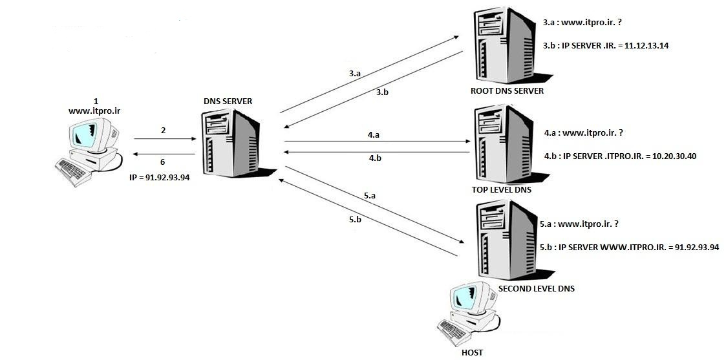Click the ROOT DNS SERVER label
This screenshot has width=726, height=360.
(507, 90)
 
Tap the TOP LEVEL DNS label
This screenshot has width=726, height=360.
(502, 190)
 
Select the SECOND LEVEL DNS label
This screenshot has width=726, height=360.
(536, 288)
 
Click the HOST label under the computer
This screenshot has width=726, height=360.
(473, 353)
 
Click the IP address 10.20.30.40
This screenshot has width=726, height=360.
(674, 156)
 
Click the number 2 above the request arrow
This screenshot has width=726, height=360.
(164, 131)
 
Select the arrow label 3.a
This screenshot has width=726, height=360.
(355, 74)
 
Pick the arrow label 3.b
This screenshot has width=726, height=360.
(382, 92)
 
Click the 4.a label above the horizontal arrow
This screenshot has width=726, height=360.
(374, 135)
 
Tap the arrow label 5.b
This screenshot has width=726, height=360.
(355, 219)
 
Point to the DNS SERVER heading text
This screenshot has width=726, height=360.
(228, 101)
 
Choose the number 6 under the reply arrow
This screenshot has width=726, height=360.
(163, 162)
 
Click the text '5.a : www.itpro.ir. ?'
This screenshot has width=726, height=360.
(579, 224)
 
